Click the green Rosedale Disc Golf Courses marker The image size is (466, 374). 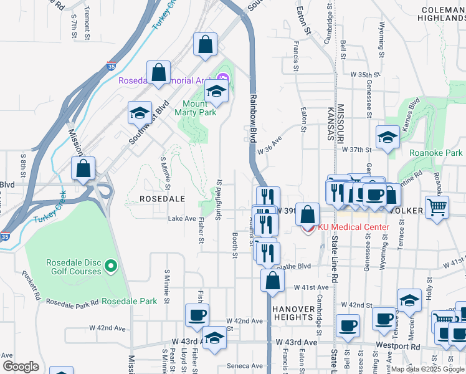[x=112, y=267]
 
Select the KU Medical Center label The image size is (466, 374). [x=353, y=227]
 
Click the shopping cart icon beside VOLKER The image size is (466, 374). [x=437, y=207]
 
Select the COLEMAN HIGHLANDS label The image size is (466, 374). [x=442, y=14]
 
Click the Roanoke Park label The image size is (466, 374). [x=436, y=153]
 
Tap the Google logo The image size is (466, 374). [x=21, y=366]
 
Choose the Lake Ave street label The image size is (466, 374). [x=182, y=219]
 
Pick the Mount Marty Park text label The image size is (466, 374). [x=199, y=108]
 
